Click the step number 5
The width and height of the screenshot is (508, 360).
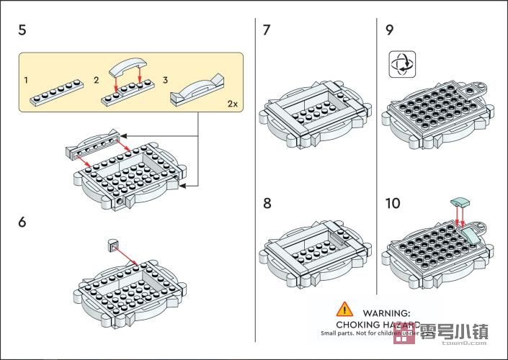tap(22, 30)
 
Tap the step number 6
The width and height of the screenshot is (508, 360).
tap(22, 222)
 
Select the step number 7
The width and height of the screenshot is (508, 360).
tap(267, 30)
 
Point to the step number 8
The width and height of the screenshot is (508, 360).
tap(267, 204)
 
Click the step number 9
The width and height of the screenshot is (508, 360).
tap(390, 30)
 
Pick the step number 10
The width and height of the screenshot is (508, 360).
tap(393, 204)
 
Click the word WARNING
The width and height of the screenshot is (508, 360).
tap(386, 313)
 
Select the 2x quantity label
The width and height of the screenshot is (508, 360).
tap(232, 104)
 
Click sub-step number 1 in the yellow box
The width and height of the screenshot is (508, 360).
tap(27, 79)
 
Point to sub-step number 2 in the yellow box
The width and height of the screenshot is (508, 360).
tap(96, 79)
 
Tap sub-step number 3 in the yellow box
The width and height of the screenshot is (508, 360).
tap(165, 79)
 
